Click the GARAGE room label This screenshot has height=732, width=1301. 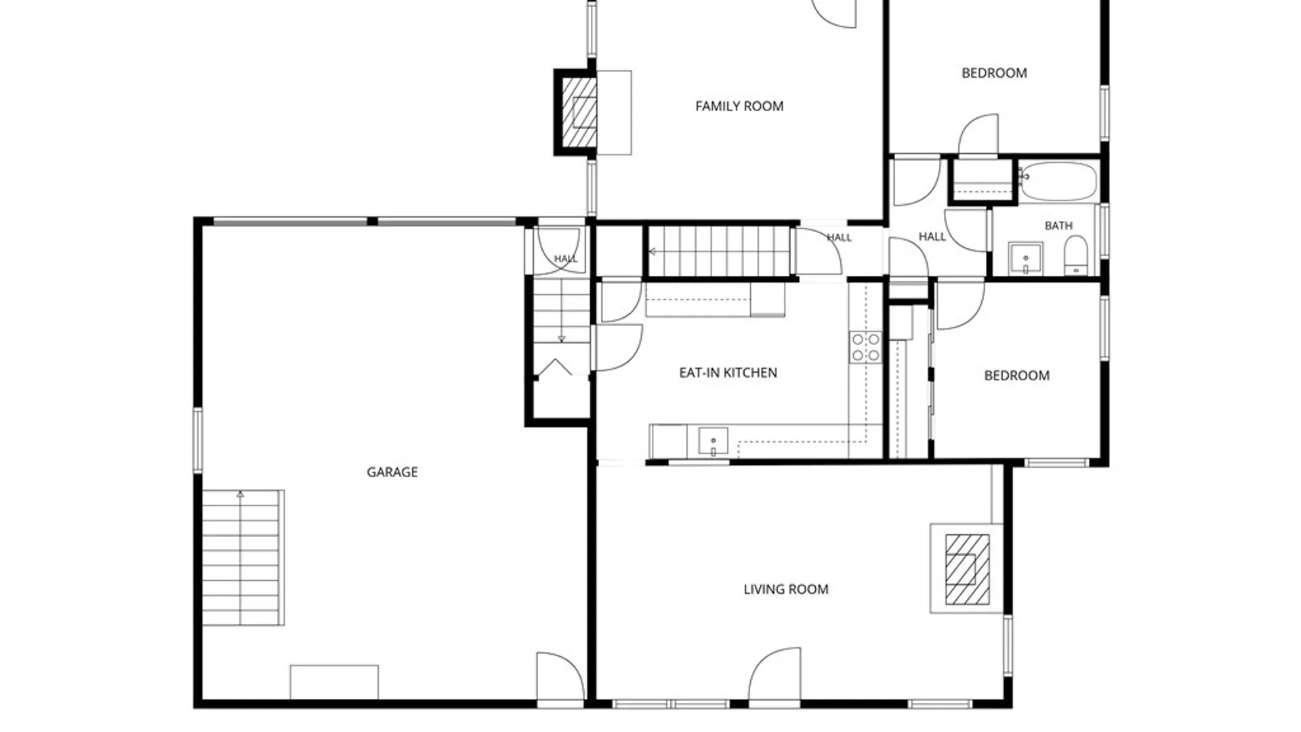392,472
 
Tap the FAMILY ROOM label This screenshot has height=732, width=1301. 739,106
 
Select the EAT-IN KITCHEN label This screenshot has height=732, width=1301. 728,373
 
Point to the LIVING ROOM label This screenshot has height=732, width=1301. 786,590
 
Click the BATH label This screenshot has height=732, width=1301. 1058,226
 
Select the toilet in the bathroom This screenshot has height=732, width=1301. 1076,256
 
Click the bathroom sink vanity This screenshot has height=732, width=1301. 1026,258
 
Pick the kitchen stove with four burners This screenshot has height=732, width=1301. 866,348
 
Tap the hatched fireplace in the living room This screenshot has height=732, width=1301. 968,569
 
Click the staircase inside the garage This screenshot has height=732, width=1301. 243,558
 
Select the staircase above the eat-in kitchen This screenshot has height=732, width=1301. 720,251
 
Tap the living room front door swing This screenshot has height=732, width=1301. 775,674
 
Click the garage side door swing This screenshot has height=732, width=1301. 560,676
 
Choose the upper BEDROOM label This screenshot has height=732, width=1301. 994,73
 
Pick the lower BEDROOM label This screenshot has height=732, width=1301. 1016,375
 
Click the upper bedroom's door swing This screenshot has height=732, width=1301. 978,134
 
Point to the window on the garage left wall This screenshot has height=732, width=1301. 198,439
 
